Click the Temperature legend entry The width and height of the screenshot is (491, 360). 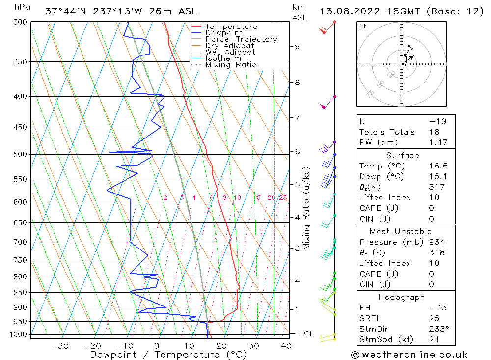pyautogui.click(x=231, y=27)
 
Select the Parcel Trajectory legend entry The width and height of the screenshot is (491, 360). pyautogui.click(x=241, y=39)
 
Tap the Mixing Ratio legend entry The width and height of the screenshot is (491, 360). pyautogui.click(x=231, y=64)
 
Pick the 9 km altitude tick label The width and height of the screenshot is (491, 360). pyautogui.click(x=297, y=46)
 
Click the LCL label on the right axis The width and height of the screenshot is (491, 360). pyautogui.click(x=306, y=334)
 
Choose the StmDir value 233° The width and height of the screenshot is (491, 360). pyautogui.click(x=436, y=329)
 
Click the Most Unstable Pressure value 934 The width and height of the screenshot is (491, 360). pyautogui.click(x=437, y=242)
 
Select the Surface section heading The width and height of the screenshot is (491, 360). pyautogui.click(x=403, y=155)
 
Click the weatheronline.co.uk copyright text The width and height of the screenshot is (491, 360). pyautogui.click(x=409, y=355)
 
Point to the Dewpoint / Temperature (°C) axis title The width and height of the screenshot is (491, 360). pyautogui.click(x=168, y=355)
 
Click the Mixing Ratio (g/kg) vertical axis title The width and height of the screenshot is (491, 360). pyautogui.click(x=307, y=208)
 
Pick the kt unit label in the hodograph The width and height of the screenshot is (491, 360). pyautogui.click(x=362, y=26)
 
